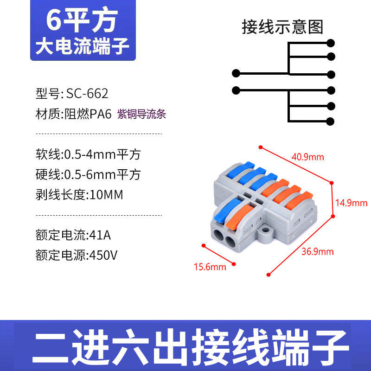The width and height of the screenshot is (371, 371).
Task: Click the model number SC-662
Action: point(87,93)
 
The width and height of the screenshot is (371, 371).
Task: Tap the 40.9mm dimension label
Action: point(307,157)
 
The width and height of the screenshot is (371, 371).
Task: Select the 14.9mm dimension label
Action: point(352,203)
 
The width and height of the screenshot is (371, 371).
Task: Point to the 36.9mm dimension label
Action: point(318,251)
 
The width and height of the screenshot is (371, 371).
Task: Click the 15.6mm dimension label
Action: point(210,267)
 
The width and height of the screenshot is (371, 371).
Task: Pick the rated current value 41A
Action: point(100,235)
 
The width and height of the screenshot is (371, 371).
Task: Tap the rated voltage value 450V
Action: point(103,255)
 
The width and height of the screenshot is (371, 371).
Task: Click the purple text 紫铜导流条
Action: point(142,114)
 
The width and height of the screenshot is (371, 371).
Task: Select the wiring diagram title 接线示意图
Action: point(282,27)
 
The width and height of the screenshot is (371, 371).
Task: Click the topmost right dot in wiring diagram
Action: point(331,43)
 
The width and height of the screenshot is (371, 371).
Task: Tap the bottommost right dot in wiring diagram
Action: point(330,122)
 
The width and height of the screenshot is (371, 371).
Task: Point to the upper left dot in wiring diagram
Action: point(236,73)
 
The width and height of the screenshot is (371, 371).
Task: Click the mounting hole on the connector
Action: point(265,230)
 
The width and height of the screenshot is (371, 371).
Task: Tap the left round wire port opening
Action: point(218,235)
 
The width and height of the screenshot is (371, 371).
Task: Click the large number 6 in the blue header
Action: point(53,19)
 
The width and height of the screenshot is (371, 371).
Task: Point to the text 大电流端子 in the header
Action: point(83,46)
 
